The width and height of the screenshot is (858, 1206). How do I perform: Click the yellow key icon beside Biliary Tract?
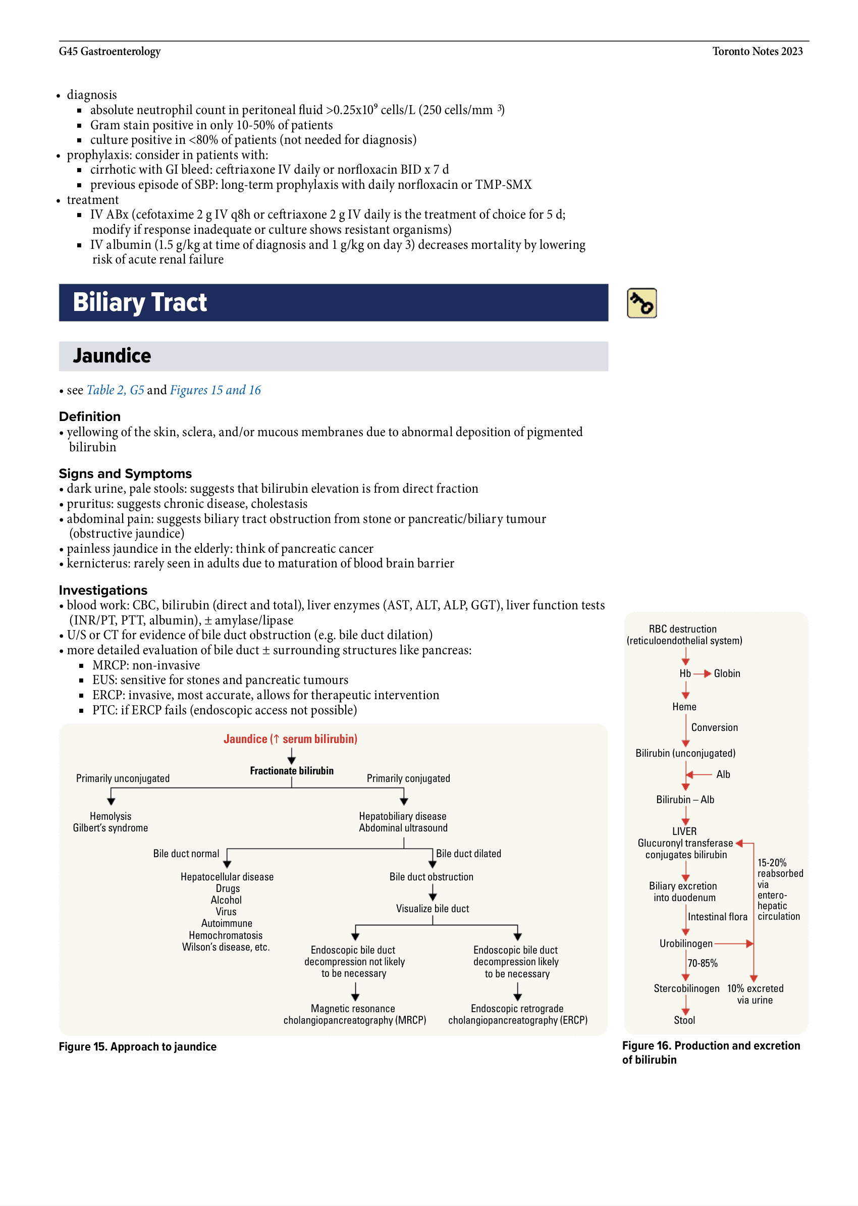coord(641,303)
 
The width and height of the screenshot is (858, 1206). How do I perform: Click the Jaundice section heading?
coord(112,356)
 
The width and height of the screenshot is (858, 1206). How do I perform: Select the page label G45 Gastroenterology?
coord(110,51)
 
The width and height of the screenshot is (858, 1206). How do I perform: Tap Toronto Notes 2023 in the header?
coord(757,51)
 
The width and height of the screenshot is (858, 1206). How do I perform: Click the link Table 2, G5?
coord(115,390)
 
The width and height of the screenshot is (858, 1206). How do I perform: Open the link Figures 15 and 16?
coord(215,390)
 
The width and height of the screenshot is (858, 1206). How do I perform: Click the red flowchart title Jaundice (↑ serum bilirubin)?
coord(290,739)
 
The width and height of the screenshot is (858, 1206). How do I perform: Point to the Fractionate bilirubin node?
coord(292,770)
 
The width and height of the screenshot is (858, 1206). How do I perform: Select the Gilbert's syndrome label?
coord(111,827)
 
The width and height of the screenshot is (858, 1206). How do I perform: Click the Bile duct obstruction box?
coord(431,877)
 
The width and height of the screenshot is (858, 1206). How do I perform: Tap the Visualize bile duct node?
coord(432,909)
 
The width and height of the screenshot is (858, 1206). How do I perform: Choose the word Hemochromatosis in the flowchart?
coord(226,935)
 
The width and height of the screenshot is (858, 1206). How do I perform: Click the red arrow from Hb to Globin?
coord(702,674)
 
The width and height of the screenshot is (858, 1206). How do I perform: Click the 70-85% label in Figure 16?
coord(702,963)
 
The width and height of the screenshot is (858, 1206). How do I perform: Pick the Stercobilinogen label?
coord(686,988)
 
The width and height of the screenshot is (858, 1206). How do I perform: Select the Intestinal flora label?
coord(718,917)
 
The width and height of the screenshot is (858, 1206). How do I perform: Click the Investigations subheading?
coord(103,590)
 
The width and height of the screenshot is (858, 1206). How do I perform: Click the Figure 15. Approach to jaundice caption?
coord(137,1046)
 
